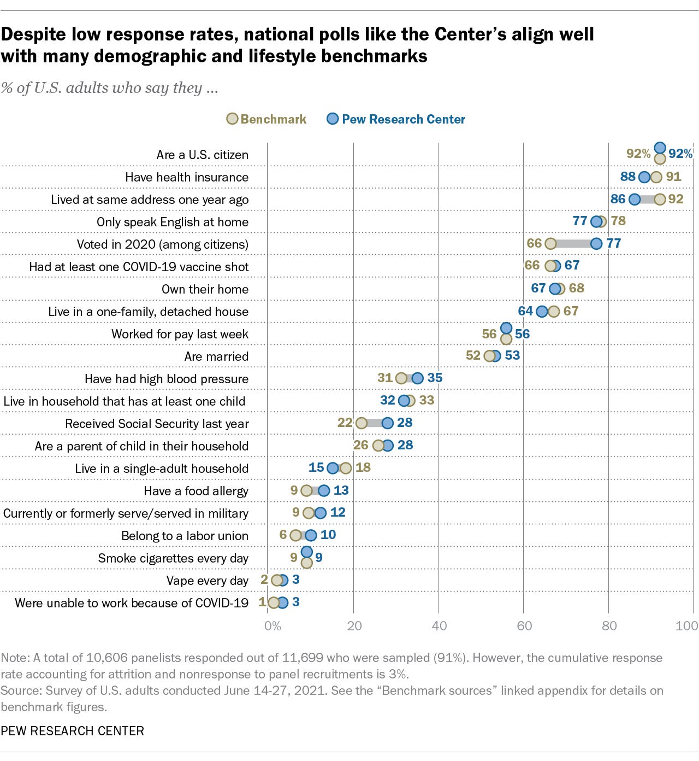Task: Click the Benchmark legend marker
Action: point(232,119)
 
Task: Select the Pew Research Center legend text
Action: point(404,119)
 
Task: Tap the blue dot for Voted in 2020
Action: point(596,243)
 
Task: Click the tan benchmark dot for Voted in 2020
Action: point(550,243)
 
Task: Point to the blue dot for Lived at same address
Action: point(635,199)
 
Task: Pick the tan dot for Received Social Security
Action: point(362,423)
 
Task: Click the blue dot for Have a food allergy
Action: point(324,490)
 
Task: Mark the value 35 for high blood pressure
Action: point(435,377)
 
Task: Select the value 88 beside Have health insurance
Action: point(628,177)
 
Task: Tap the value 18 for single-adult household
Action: point(363,467)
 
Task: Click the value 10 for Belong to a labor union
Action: point(328,535)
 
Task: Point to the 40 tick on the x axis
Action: point(439,625)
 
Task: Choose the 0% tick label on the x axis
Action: point(273,625)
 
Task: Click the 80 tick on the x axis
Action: point(609,625)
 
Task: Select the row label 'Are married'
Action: point(216,356)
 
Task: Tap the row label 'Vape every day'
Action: point(208,581)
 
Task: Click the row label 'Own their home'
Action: point(205,289)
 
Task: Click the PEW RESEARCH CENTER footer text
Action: point(73,730)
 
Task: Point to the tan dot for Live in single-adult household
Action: point(346,468)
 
